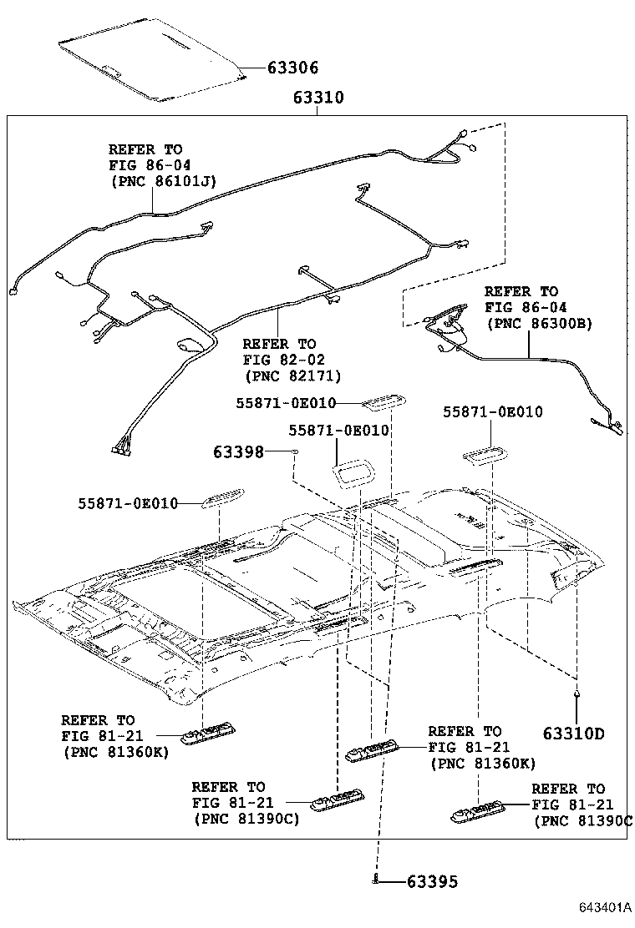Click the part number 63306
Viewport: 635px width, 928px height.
(292, 68)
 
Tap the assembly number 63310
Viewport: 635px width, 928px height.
(318, 98)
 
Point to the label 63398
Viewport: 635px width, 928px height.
(238, 451)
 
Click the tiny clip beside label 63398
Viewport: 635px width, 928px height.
(296, 451)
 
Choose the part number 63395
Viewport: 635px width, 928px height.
(432, 881)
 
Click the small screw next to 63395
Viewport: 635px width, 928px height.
(378, 880)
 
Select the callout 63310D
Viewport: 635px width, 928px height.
(573, 734)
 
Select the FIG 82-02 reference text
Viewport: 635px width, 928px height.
(279, 360)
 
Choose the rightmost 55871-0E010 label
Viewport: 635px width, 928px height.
(492, 411)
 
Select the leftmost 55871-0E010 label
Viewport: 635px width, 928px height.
(129, 503)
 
